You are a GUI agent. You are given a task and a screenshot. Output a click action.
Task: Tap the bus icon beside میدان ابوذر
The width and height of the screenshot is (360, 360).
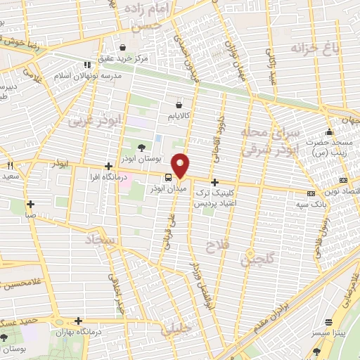point(169,177)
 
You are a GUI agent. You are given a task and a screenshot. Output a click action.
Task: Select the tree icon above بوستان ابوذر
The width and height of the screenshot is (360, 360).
point(141,148)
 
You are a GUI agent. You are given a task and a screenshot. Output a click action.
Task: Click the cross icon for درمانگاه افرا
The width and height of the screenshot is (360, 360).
point(108,167)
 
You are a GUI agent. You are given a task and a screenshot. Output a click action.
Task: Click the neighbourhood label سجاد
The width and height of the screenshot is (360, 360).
point(99,242)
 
